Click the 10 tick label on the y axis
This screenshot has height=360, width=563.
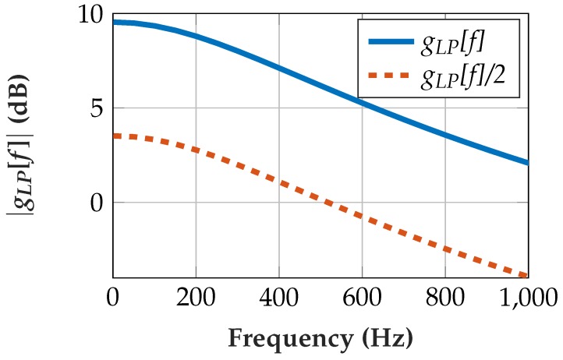(90, 15)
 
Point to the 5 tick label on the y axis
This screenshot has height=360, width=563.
(97, 108)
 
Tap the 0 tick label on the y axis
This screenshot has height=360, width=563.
(97, 203)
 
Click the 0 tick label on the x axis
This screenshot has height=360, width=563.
(113, 297)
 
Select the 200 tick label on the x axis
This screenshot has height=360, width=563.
(196, 297)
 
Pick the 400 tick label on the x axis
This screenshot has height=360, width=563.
(278, 297)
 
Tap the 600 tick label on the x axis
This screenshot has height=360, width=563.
(362, 297)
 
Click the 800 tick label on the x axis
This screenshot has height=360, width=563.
(444, 297)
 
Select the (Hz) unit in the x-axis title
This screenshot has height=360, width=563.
(385, 340)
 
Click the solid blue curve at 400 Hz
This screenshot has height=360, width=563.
(278, 67)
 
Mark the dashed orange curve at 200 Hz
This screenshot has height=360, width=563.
(196, 150)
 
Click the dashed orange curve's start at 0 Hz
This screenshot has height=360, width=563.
(115, 136)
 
